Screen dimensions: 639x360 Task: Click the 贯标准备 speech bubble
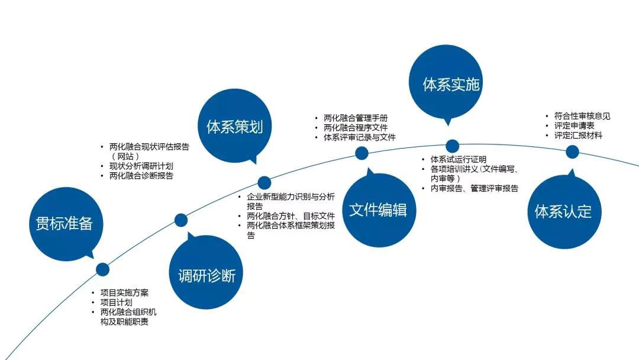(66, 224)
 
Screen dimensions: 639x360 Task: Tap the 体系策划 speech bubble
(234, 126)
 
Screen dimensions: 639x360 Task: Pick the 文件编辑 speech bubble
(379, 210)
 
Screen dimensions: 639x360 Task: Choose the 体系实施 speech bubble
(446, 82)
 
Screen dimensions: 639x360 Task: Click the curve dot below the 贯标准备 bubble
(103, 269)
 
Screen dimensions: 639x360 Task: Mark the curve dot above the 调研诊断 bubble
(181, 220)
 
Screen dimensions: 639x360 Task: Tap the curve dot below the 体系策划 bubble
(264, 182)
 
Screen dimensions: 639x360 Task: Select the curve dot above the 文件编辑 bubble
(362, 153)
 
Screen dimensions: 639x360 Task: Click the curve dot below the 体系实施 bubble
(453, 146)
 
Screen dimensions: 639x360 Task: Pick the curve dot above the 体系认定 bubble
(573, 152)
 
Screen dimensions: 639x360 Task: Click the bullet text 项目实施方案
(124, 292)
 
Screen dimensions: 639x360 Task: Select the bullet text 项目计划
(116, 303)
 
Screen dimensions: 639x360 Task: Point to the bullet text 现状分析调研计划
(141, 166)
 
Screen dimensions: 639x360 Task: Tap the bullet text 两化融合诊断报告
(141, 176)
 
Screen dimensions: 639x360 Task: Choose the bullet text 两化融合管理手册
(356, 118)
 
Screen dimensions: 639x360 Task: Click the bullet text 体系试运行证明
(458, 159)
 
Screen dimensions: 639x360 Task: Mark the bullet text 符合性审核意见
(582, 116)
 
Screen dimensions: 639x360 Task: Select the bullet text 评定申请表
(574, 126)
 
